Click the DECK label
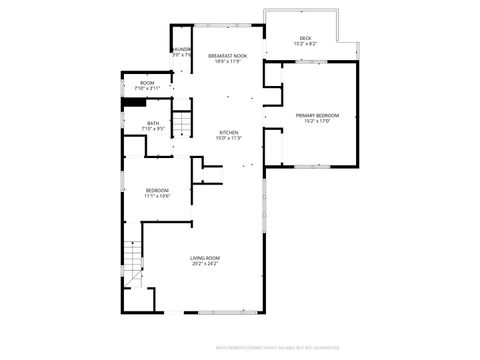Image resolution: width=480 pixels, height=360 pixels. pyautogui.click(x=305, y=38)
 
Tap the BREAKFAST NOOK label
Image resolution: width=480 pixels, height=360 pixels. pyautogui.click(x=228, y=56)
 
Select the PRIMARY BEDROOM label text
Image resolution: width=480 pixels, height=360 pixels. pyautogui.click(x=317, y=115)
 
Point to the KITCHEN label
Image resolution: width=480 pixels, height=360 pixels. pyautogui.click(x=230, y=133)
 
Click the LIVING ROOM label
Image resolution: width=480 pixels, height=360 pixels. pyautogui.click(x=205, y=258)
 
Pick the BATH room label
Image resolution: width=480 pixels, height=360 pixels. pyautogui.click(x=153, y=123)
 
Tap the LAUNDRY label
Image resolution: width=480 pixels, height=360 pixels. pyautogui.click(x=181, y=49)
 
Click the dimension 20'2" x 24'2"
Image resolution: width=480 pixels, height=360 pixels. pyautogui.click(x=205, y=264)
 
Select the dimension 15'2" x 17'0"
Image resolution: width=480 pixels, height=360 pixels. pyautogui.click(x=317, y=121)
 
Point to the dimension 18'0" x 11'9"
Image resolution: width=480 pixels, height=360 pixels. pyautogui.click(x=228, y=62)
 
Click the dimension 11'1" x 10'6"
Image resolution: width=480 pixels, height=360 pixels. pyautogui.click(x=157, y=196)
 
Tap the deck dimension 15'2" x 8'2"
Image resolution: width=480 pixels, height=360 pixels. pyautogui.click(x=305, y=44)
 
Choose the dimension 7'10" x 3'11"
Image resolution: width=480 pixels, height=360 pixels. pyautogui.click(x=147, y=89)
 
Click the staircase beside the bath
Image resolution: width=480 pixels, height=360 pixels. pyautogui.click(x=182, y=125)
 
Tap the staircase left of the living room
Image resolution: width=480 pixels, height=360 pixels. pyautogui.click(x=135, y=262)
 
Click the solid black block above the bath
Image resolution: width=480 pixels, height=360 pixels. pyautogui.click(x=134, y=101)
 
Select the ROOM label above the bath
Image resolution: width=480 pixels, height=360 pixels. pyautogui.click(x=147, y=83)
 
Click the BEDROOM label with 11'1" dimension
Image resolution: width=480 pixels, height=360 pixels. pyautogui.click(x=157, y=190)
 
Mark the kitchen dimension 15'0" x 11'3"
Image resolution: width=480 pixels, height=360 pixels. pyautogui.click(x=230, y=139)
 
